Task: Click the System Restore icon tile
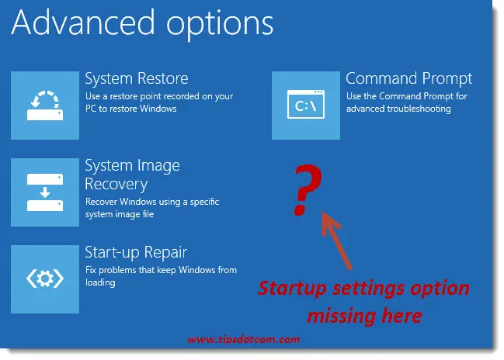(44, 105)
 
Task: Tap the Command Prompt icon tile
(306, 105)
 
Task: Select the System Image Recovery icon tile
(44, 192)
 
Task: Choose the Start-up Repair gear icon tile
(44, 279)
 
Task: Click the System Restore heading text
(136, 79)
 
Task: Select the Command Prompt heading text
(408, 79)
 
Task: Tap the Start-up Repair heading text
(136, 252)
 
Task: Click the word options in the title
(226, 25)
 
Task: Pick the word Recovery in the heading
(116, 185)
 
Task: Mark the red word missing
(341, 315)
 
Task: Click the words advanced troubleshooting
(398, 109)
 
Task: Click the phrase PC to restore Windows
(131, 109)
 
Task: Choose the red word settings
(364, 289)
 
